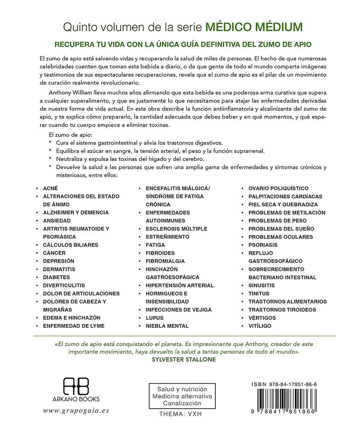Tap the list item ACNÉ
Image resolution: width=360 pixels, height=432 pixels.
(50, 188)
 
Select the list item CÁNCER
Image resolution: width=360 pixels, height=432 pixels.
(54, 253)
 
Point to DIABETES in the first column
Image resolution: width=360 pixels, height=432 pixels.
(57, 277)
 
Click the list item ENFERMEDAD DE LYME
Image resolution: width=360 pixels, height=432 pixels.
(74, 326)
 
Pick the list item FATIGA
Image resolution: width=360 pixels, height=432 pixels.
(156, 245)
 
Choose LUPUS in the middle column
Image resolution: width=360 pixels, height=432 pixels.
(155, 318)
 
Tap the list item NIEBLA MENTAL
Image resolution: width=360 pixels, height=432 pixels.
(167, 326)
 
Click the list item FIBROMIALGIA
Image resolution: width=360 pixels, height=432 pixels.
(165, 261)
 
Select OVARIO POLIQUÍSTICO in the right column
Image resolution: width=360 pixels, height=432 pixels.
(279, 188)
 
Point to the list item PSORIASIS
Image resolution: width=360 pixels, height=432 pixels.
(263, 245)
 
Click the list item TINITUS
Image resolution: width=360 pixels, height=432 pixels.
(259, 293)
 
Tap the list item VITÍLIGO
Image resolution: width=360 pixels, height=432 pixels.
(260, 326)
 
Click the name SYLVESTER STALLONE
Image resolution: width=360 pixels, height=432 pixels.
(184, 360)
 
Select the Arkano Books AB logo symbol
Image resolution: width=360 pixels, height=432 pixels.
(76, 386)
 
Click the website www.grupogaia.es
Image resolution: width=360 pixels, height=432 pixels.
(76, 410)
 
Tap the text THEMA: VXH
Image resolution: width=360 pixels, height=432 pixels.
(181, 414)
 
